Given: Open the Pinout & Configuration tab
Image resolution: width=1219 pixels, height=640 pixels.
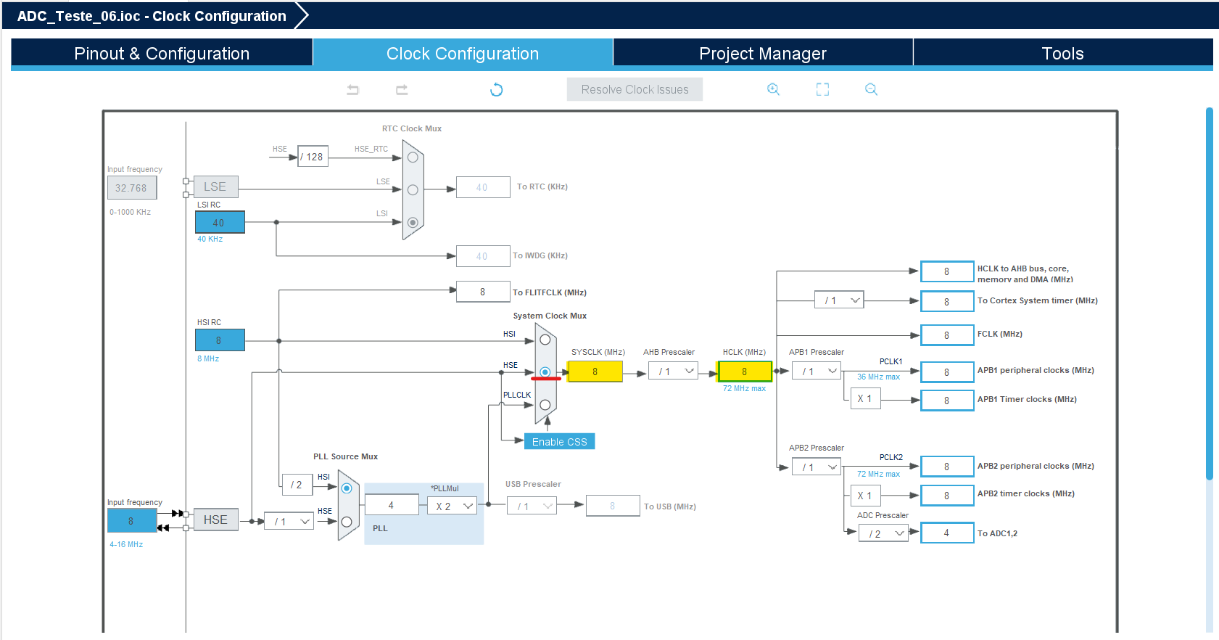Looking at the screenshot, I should click(162, 54).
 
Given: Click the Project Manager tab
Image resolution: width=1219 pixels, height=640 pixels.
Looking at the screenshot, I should click(762, 54).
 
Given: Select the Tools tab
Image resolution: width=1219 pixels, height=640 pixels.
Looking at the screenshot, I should click(1062, 54).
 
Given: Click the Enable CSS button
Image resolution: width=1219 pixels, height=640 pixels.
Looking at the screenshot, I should click(559, 442).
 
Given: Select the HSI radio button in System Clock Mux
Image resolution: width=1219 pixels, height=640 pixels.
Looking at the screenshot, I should click(545, 340).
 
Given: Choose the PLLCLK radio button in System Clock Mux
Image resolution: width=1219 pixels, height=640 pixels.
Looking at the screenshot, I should click(545, 405).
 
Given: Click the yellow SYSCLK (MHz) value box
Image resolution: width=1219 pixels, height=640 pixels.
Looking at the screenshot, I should click(595, 372).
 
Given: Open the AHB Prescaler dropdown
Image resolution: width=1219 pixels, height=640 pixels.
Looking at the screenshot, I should click(677, 372).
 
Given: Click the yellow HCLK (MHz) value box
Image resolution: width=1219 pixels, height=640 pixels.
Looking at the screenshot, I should click(744, 372).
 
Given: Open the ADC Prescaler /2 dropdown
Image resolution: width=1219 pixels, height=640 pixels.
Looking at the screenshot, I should click(883, 534).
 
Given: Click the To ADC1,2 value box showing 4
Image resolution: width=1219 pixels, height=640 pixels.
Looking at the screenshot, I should click(946, 533).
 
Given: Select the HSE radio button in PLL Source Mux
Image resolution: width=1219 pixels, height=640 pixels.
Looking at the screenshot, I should click(347, 522).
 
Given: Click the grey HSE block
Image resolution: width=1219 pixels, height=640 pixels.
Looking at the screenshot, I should click(215, 520).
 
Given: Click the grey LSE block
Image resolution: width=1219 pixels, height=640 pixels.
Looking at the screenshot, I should click(215, 187).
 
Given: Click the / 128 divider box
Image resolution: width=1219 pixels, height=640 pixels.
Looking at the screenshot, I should click(313, 157).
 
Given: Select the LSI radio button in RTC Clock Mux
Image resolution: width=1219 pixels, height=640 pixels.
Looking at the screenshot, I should click(413, 223).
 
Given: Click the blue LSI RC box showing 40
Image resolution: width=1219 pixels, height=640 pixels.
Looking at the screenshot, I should click(219, 223).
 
